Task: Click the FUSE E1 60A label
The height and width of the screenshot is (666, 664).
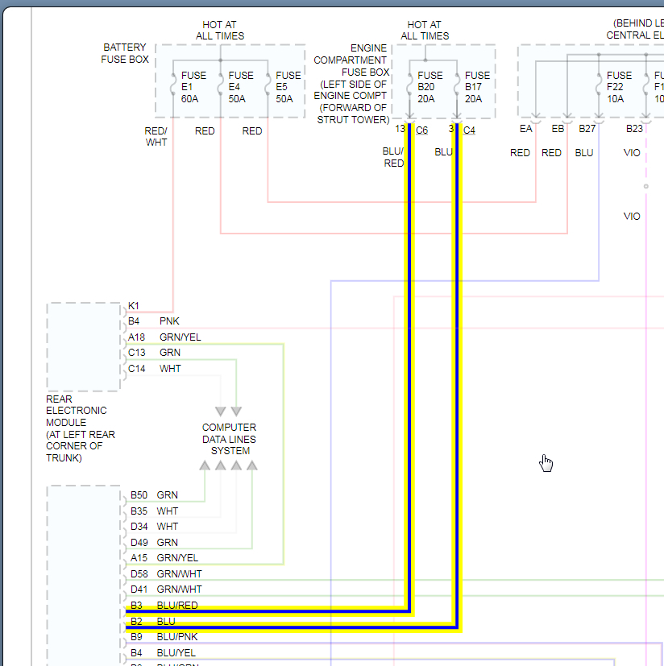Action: point(193,87)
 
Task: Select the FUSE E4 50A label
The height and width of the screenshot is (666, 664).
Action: point(241,87)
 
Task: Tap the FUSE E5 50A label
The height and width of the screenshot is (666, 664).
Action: point(288,87)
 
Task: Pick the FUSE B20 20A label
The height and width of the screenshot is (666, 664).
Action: point(430,87)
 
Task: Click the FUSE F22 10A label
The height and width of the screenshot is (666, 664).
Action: point(620,87)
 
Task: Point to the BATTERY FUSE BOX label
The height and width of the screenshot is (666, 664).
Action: point(125,53)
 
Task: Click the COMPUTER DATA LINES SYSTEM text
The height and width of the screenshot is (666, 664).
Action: point(230,439)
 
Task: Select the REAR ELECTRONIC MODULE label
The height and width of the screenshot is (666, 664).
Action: point(80,428)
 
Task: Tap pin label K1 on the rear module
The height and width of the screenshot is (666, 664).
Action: point(134,306)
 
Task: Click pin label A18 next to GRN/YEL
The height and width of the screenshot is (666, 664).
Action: point(137,337)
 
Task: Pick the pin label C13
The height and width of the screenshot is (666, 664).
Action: point(137,353)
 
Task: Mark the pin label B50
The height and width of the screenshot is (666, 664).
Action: point(139,495)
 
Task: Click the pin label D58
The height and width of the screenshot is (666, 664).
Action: point(139,574)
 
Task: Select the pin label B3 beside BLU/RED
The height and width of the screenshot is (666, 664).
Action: point(136,606)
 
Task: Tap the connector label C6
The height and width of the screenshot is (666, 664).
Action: point(422,130)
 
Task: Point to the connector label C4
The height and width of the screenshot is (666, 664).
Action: point(470,130)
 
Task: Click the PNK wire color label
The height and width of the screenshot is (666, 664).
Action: point(169,321)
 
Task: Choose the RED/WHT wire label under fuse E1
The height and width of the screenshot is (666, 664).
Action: point(156,136)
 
